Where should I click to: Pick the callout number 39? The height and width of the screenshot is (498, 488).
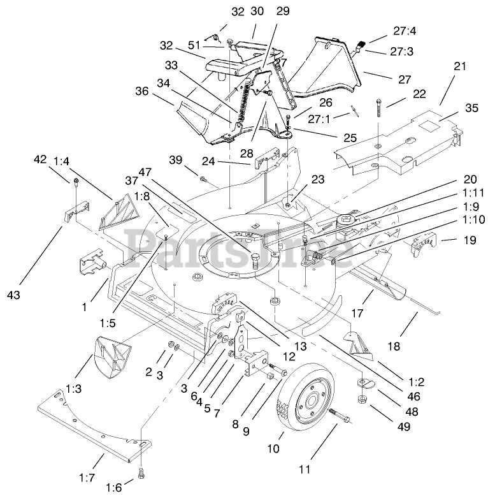pos(176,159)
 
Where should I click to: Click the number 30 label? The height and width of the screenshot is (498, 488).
pos(257,29)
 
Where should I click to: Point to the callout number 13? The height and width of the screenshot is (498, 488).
pos(301,348)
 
